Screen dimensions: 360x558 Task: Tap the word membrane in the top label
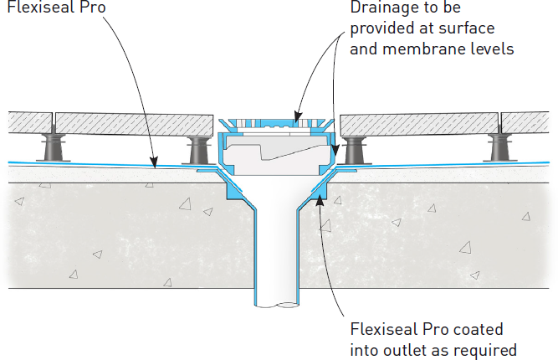pos(418,49)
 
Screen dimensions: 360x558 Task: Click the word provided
pos(377,30)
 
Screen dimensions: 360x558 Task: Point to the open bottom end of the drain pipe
pos(275,301)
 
